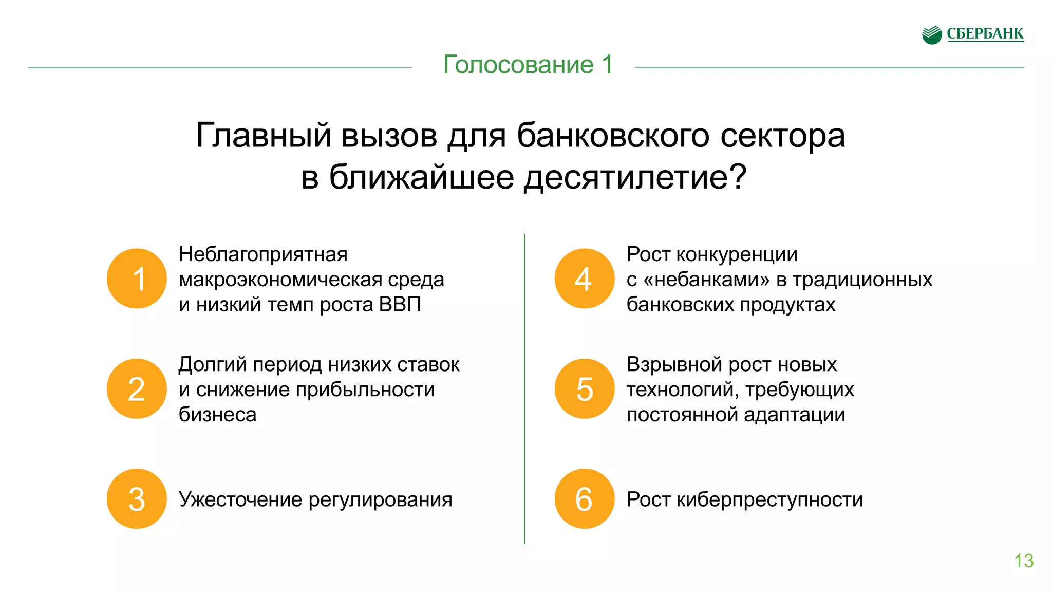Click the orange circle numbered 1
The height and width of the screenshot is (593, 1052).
click(x=137, y=279)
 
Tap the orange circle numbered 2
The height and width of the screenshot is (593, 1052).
click(x=137, y=388)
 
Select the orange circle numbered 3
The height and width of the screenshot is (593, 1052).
click(x=137, y=498)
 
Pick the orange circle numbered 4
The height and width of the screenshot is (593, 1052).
click(x=585, y=279)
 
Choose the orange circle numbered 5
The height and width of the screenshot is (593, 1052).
click(x=585, y=388)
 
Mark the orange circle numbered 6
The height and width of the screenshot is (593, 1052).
click(x=585, y=498)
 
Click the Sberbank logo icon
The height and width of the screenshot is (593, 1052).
click(x=932, y=35)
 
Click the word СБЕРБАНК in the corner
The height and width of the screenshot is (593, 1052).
click(x=985, y=34)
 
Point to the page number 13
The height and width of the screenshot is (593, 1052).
click(x=1024, y=561)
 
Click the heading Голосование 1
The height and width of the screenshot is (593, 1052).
click(x=528, y=65)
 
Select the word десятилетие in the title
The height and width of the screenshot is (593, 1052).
click(x=626, y=177)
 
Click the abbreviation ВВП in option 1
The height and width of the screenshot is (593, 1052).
click(x=400, y=304)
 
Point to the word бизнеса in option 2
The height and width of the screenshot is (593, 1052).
click(x=217, y=415)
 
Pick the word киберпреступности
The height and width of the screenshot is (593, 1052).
click(x=769, y=499)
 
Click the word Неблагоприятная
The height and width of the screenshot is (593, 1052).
click(x=263, y=254)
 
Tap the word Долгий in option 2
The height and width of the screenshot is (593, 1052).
click(x=212, y=364)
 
